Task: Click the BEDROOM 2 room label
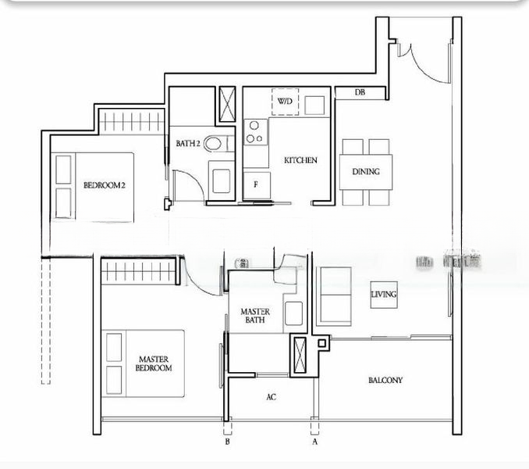point(105,185)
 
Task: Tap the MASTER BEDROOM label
point(154,363)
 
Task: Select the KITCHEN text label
point(300,160)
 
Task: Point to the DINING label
point(366,171)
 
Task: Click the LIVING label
point(383,294)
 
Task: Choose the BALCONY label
point(385,381)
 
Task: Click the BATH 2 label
point(188,144)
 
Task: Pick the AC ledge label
point(271,397)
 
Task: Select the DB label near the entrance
point(360,93)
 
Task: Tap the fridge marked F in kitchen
point(255,185)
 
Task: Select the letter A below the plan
point(315,442)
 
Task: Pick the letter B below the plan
point(227,442)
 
